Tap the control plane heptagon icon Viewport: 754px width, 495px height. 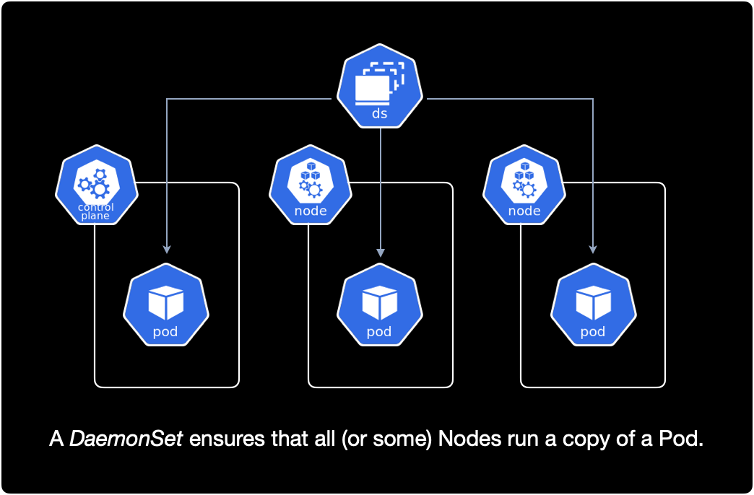95,183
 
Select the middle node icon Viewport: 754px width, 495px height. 311,183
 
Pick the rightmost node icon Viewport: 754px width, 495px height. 524,183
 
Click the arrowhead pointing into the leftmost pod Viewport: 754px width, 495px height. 167,248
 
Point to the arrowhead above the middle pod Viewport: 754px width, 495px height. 381,253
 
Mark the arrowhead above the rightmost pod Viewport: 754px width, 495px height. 593,248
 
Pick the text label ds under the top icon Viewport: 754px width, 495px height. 379,114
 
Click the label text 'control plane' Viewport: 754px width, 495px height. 95,211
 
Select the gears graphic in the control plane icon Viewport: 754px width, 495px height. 95,183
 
